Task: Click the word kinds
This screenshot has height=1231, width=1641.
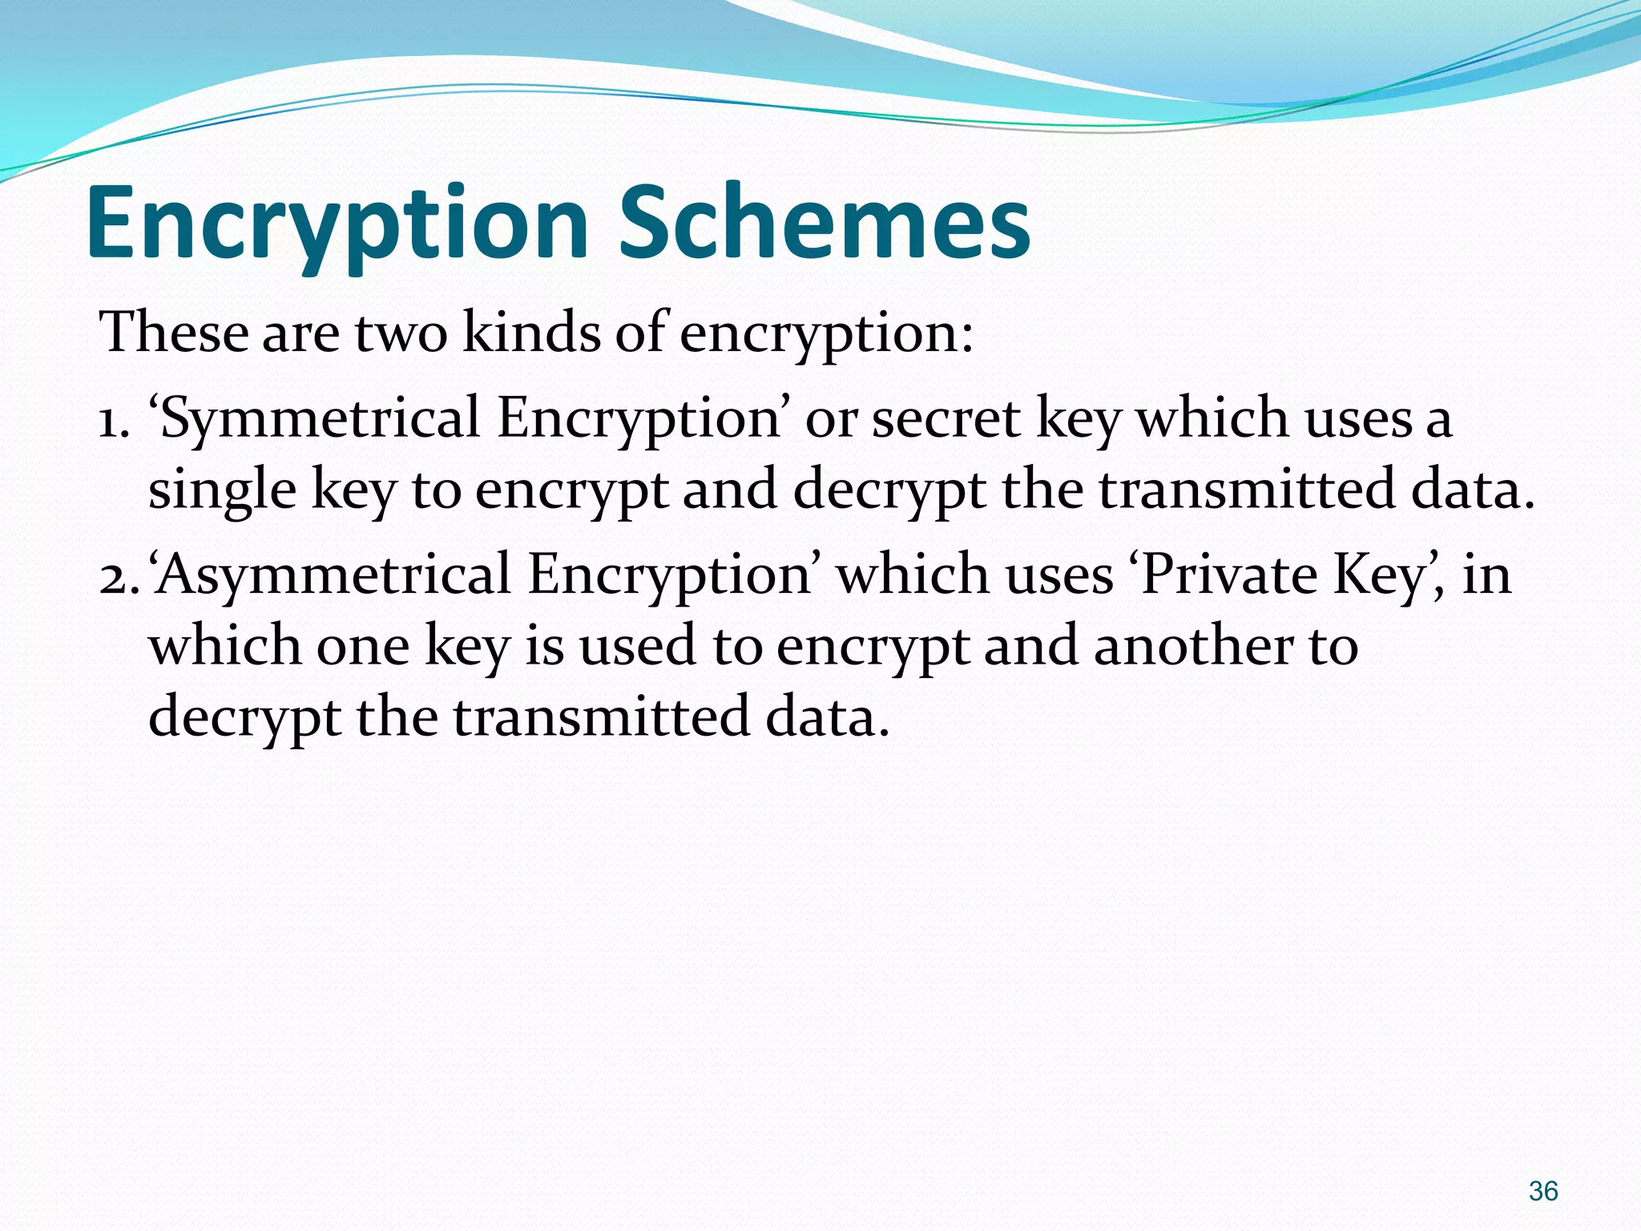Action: [531, 332]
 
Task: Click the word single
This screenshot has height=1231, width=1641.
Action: [222, 490]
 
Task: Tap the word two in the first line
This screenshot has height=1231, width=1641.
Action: [401, 332]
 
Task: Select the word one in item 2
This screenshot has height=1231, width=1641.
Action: [363, 646]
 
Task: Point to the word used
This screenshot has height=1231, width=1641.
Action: [638, 646]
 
